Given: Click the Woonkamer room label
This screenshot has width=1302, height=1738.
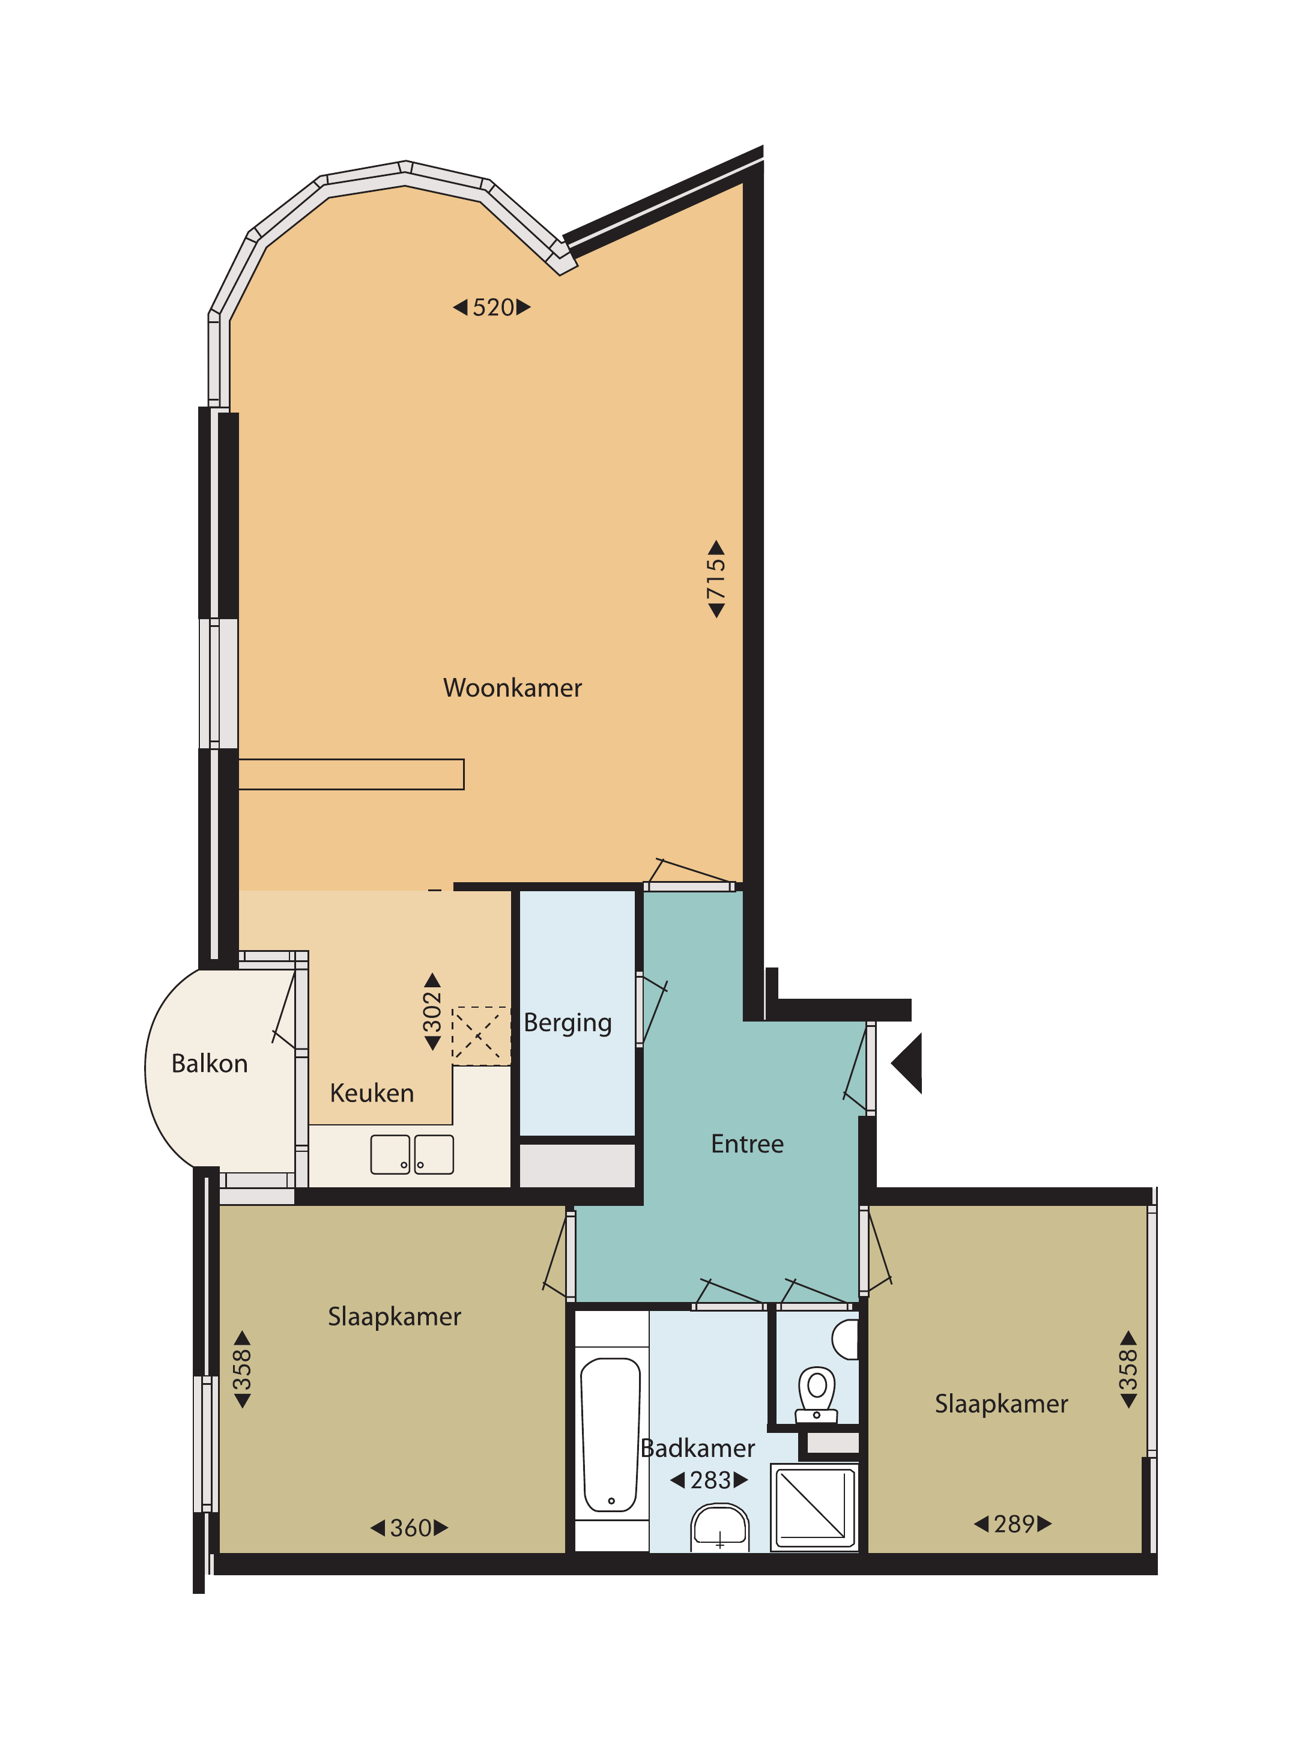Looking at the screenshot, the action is [x=512, y=688].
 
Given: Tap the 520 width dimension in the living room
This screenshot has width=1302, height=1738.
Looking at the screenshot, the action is [x=492, y=307].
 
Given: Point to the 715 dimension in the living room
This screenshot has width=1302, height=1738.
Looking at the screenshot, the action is [x=716, y=579].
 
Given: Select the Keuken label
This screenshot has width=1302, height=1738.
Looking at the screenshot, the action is [x=372, y=1093].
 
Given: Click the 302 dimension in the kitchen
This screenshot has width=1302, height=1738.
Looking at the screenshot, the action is [x=432, y=1012].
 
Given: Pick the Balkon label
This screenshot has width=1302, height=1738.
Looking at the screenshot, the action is [x=210, y=1063].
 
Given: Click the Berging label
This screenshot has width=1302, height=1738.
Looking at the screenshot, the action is [x=568, y=1023].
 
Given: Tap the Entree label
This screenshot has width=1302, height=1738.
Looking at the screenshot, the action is [x=747, y=1144].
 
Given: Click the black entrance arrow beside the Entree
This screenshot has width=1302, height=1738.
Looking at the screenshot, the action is [x=907, y=1063].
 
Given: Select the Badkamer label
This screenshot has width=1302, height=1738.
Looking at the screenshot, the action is [x=698, y=1448].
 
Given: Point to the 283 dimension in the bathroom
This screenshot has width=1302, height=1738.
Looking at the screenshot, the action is [x=709, y=1480].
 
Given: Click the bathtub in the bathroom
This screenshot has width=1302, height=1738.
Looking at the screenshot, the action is [x=611, y=1435].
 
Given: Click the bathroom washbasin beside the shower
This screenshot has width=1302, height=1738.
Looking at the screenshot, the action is [x=719, y=1527].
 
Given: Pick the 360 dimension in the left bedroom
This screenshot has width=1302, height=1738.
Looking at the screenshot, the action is [x=410, y=1528].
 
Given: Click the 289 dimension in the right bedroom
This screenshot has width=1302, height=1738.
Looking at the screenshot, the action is [x=1013, y=1524].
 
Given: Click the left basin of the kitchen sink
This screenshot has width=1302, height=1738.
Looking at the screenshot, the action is [x=390, y=1154].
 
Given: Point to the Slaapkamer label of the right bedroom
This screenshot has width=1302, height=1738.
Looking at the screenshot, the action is [x=1001, y=1404].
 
